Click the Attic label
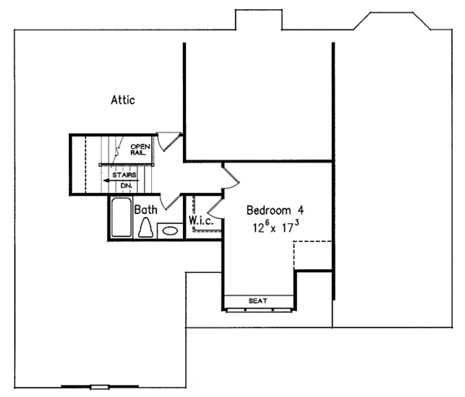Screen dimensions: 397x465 click(123, 99)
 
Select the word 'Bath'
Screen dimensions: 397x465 click(146, 209)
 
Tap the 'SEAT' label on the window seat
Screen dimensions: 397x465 click(258, 300)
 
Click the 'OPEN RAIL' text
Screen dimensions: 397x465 click(139, 149)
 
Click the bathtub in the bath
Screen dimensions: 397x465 click(120, 219)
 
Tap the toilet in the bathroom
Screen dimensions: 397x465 click(145, 228)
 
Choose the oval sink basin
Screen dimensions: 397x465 click(169, 230)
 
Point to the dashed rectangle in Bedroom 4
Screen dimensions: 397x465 click(313, 254)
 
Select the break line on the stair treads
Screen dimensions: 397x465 click(116, 145)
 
